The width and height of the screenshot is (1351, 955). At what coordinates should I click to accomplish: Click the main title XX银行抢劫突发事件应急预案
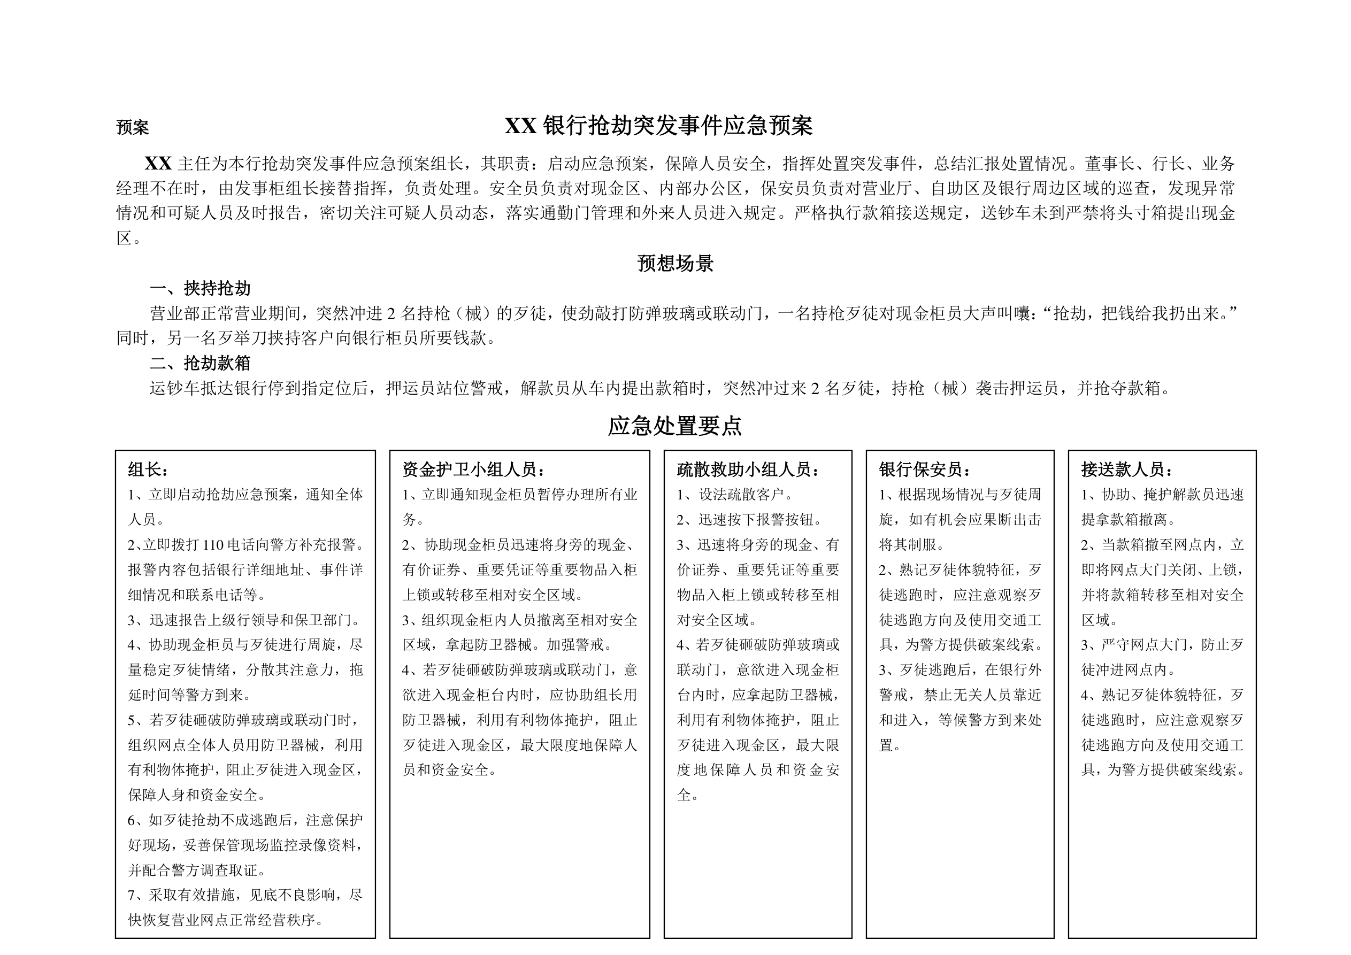658,126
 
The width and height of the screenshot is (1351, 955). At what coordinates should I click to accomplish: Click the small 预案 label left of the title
133,127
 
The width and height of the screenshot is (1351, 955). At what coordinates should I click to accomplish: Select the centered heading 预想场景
675,263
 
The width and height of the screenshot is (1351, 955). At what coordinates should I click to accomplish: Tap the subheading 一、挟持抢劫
200,288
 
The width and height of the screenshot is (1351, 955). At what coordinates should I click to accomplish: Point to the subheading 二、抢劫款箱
200,363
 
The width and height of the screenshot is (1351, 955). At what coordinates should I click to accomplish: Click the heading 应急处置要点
675,426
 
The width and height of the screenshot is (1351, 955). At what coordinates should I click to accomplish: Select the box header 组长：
149,469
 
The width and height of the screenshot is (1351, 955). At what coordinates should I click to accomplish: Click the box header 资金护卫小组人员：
474,469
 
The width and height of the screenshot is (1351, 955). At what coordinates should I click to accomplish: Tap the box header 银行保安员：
925,469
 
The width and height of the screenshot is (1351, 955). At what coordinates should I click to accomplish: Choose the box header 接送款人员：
1127,469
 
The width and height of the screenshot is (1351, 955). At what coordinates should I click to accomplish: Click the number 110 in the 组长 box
212,545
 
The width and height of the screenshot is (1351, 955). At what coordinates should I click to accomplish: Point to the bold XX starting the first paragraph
158,163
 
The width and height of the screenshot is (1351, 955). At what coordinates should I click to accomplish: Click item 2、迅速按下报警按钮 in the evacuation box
749,520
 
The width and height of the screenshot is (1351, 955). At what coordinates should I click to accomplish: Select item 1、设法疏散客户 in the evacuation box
735,495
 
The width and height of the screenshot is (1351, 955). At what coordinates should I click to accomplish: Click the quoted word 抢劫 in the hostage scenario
1069,314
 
